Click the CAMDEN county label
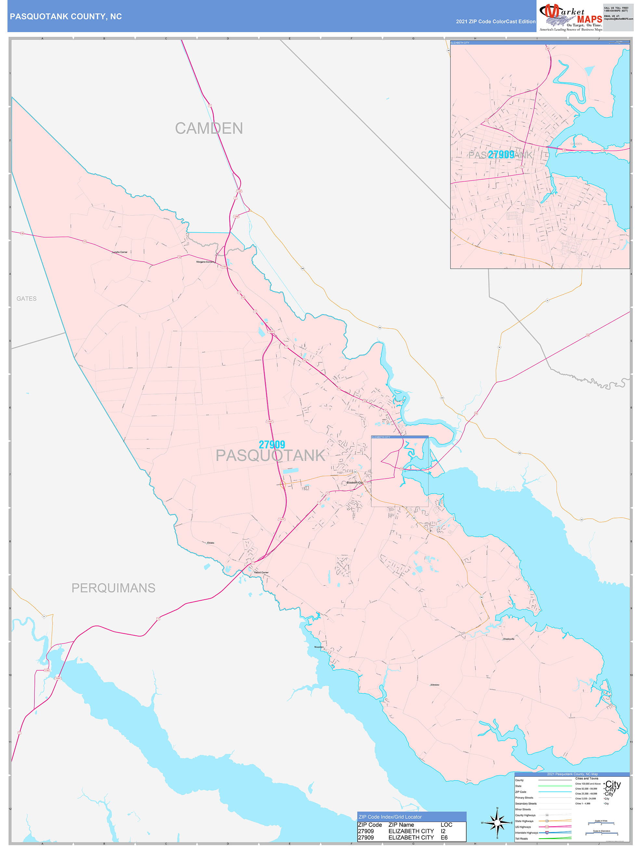[x=209, y=128]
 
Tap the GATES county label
[x=26, y=299]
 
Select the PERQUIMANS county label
[x=113, y=588]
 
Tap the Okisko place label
[x=211, y=543]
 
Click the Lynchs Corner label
[x=120, y=252]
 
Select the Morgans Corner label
[x=205, y=262]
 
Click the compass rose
[x=497, y=822]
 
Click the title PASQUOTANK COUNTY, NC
[x=66, y=17]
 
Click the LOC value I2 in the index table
[x=444, y=831]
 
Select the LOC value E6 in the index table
[x=444, y=838]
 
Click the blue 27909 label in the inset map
[x=501, y=155]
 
